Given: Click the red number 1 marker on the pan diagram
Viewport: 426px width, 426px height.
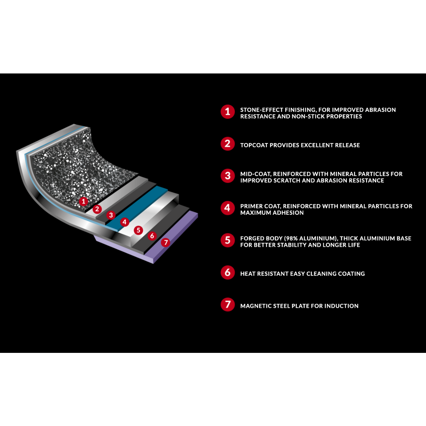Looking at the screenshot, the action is (x=83, y=201).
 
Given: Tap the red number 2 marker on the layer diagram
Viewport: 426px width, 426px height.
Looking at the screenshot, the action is (x=97, y=209).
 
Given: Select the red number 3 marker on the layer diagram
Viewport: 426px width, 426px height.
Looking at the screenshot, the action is (x=111, y=215).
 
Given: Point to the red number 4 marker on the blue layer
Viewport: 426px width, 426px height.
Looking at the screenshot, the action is (x=125, y=222).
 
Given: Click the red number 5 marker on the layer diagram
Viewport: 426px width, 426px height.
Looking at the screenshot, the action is (x=138, y=230).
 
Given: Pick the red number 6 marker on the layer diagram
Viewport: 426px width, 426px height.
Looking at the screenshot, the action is (x=152, y=236).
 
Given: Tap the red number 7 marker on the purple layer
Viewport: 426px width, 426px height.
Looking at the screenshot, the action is (x=165, y=242).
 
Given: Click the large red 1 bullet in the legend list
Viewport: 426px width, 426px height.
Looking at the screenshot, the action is (x=228, y=111).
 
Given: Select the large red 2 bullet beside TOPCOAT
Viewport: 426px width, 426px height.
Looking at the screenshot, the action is (x=228, y=144).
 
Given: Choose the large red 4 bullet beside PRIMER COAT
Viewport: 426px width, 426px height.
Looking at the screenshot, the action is (x=228, y=208).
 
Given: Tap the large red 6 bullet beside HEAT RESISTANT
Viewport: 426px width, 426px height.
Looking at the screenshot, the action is (x=228, y=272).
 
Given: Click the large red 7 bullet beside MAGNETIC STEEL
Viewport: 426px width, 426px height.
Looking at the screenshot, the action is (x=228, y=304).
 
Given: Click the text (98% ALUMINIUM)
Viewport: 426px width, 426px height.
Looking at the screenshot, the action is (x=311, y=238).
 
